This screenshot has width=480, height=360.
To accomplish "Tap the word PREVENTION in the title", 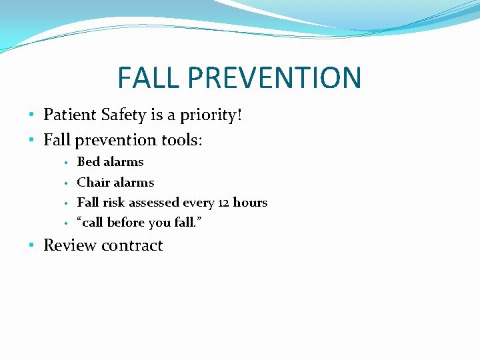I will coord(275,77).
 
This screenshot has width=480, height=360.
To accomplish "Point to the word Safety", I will coord(124,115).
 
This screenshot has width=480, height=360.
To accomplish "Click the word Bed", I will coord(88,162).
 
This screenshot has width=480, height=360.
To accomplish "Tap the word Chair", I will coord(93,182).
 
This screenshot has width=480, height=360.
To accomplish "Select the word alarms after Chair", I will coord(134,182).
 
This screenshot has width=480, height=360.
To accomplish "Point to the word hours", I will coord(250,202).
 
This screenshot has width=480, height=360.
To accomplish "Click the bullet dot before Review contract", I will coord(33,246).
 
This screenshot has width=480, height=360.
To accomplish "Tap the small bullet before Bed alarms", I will coord(67,163).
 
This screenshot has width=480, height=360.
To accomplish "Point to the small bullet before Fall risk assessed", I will coord(67,203).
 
